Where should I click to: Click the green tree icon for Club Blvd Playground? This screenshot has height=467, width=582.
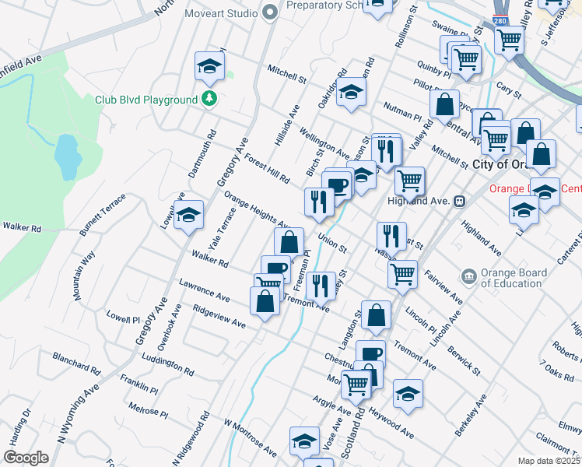tap(209, 99)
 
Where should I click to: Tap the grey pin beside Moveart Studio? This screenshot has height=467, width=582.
tap(270, 12)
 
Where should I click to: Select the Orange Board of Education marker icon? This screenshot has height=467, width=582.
tap(468, 276)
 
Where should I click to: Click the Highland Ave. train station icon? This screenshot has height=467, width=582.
tap(459, 200)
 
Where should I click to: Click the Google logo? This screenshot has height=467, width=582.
tap(26, 458)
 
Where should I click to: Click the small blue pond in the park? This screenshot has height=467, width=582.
tap(68, 156)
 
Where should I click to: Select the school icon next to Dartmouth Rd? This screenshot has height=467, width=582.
tap(209, 68)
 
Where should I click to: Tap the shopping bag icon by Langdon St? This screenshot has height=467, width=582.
tap(376, 315)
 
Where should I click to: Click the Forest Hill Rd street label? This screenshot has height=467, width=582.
tap(266, 168)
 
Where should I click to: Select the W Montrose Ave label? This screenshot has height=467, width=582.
tap(250, 437)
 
